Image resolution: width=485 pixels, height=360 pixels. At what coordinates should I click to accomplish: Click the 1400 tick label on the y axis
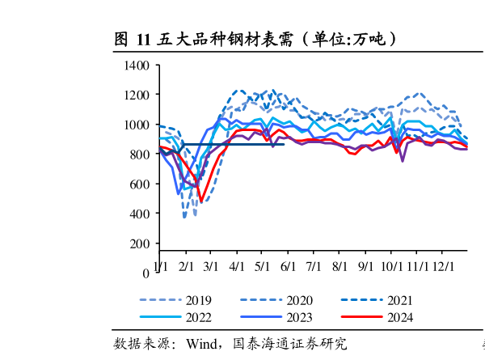[x=137, y=65]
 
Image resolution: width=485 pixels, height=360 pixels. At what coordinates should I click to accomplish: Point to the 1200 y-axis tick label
[x=137, y=95]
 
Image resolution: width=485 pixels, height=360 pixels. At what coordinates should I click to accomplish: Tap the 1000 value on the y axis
[x=137, y=125]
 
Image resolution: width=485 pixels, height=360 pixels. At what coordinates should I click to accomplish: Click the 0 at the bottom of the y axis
[x=146, y=273]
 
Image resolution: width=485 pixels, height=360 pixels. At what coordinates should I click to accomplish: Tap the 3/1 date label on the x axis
[x=212, y=265]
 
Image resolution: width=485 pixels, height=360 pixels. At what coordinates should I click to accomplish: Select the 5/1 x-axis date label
[x=263, y=265]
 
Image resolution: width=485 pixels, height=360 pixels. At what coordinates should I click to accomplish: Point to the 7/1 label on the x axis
[x=314, y=265]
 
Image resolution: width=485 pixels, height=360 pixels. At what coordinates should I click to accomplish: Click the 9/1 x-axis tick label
[x=365, y=265]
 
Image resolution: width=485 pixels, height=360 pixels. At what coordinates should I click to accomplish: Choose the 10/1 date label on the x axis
[x=391, y=265]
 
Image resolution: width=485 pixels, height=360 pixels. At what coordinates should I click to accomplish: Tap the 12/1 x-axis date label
[x=441, y=265]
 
